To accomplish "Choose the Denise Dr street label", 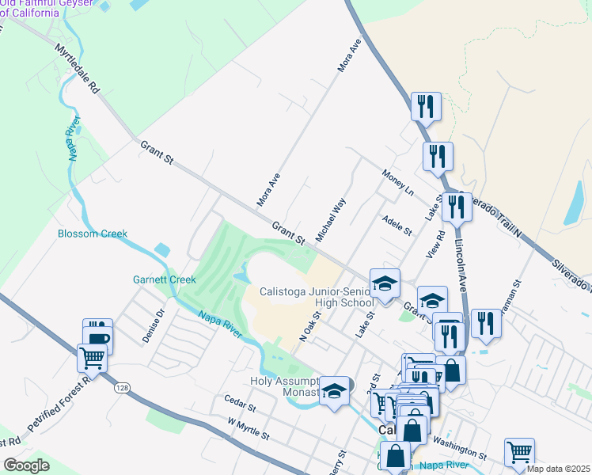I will [153, 325].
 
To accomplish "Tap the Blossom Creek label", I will [93, 234].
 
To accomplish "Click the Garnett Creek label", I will [164, 279].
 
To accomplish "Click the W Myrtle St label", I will [249, 431].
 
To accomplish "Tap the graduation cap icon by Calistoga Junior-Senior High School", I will [385, 283].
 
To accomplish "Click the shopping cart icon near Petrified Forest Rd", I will [92, 359].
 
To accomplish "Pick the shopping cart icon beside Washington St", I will [519, 452].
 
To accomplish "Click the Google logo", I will [26, 465].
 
